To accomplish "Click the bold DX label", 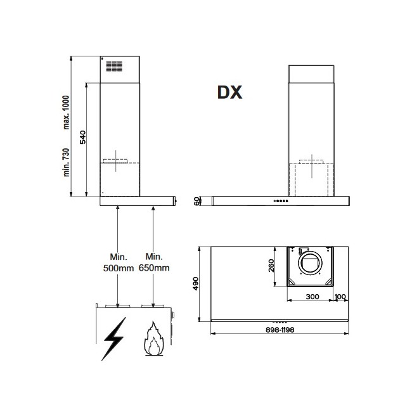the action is click(229, 93).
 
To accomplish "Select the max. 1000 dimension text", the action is click(67, 112).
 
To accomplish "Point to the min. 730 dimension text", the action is click(67, 162).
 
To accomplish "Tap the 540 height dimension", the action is click(83, 137).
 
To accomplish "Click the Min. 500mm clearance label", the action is click(119, 262).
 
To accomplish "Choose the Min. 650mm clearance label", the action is click(154, 262).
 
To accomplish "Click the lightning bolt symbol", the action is click(114, 338).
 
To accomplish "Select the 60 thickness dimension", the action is click(196, 202).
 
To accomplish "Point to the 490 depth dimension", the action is click(196, 283).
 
